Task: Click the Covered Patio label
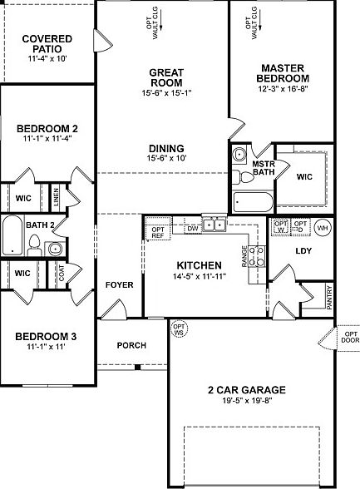click(47, 44)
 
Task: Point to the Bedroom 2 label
click(47, 128)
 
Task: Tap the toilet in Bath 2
click(34, 244)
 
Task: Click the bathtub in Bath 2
click(12, 236)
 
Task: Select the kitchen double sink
click(214, 223)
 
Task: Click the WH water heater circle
click(323, 226)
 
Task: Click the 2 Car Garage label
click(246, 389)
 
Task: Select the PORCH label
click(131, 345)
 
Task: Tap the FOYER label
click(119, 284)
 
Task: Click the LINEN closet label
click(57, 198)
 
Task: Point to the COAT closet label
click(61, 273)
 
